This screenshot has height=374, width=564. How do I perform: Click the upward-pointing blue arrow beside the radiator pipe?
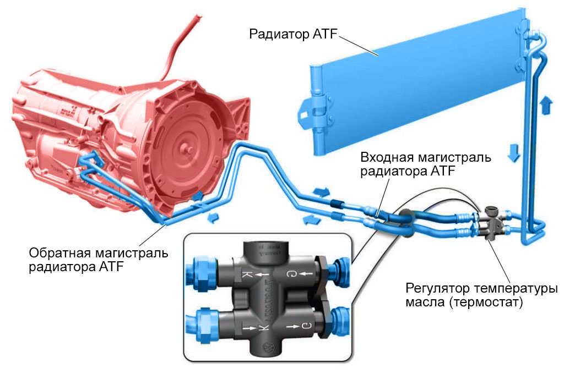tap(546, 105)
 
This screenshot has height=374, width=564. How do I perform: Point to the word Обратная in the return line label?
tap(61, 254)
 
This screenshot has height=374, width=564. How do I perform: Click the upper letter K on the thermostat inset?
tap(248, 274)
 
